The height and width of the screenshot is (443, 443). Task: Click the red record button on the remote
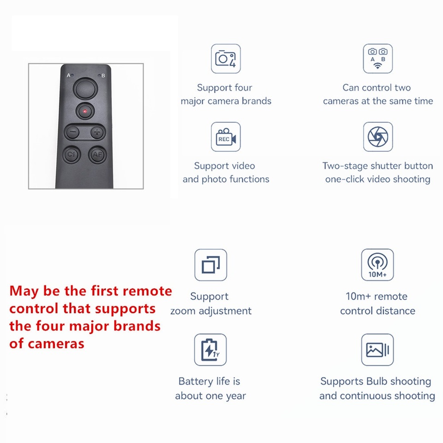pos(85,111)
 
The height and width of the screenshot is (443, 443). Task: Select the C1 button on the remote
pos(71,154)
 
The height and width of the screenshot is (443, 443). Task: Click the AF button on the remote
pos(97,155)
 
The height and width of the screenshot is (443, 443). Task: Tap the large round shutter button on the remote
pos(85,89)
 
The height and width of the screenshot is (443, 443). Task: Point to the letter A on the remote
pos(68,75)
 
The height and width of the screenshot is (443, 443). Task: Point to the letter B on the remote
pos(103,75)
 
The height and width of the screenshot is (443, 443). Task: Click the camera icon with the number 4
pos(226,59)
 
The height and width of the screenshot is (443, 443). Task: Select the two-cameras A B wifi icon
pos(378,59)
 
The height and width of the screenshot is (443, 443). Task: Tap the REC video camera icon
pos(226,137)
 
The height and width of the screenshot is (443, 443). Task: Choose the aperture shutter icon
pos(378,137)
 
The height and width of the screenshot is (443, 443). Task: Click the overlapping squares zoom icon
pos(211,265)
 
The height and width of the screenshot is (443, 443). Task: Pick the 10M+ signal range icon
pos(377,265)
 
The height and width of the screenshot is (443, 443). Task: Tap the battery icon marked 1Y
pos(210,350)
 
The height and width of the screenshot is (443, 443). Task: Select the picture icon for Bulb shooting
pos(377,350)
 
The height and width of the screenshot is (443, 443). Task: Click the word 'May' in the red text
pos(24,292)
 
